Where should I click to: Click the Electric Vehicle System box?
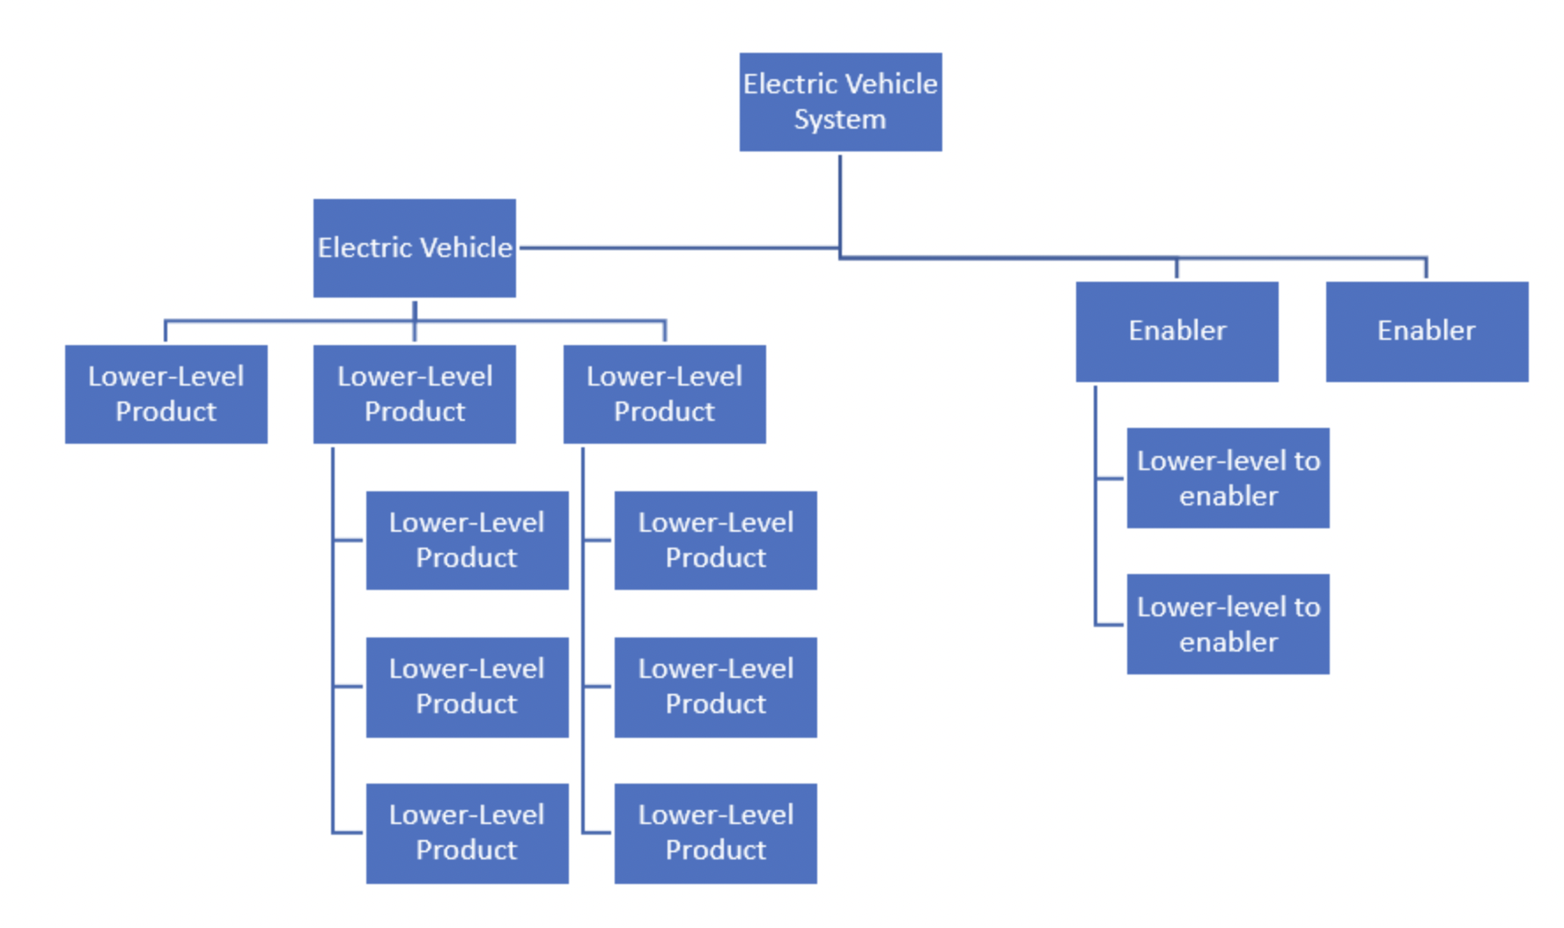tap(840, 101)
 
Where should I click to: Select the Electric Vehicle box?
tap(414, 247)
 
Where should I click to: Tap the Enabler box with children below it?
tap(1177, 331)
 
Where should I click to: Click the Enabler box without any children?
tap(1427, 331)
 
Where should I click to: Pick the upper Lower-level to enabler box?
tap(1228, 478)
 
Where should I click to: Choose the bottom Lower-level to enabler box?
tap(1228, 624)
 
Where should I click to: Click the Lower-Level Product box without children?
tap(166, 394)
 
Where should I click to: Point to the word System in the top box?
tap(839, 120)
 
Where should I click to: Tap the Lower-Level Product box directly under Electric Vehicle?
tap(414, 394)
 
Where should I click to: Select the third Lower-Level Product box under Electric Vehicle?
tap(664, 394)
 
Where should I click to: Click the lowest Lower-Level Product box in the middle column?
tap(467, 833)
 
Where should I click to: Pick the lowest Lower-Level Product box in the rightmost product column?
tap(715, 833)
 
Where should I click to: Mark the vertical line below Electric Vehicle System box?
tap(840, 203)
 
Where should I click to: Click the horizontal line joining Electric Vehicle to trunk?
tap(678, 248)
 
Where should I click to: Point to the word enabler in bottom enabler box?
tap(1228, 643)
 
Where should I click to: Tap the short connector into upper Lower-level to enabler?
tap(1110, 479)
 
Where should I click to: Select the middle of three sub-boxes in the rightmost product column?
tap(715, 687)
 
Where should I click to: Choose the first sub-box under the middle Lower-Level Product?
tap(467, 540)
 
